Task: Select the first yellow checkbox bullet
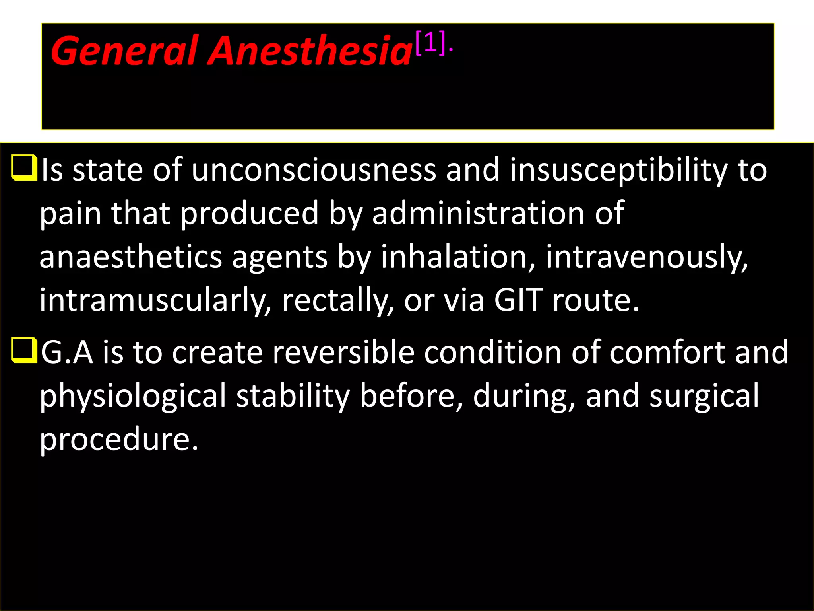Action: pyautogui.click(x=24, y=168)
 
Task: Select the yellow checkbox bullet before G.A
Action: pyautogui.click(x=24, y=350)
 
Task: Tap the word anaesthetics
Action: pyautogui.click(x=131, y=257)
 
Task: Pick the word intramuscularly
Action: pyautogui.click(x=155, y=301)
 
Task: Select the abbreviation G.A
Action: pyautogui.click(x=67, y=352)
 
